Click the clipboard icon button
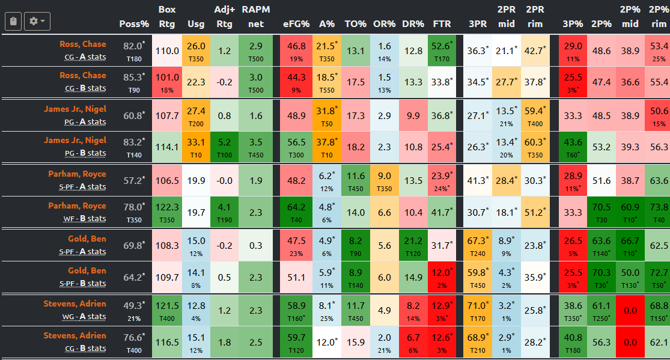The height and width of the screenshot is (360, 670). [x=13, y=21]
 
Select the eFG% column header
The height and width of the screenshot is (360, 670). [x=296, y=24]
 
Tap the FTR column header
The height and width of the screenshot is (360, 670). [x=442, y=24]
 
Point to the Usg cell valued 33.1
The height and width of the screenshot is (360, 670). [x=196, y=147]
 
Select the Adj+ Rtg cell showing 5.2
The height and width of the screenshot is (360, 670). [x=224, y=147]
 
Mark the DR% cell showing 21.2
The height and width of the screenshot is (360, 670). [x=413, y=245]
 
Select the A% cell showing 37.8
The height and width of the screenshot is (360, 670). [x=326, y=147]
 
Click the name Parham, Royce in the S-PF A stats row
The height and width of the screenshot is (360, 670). [x=77, y=174]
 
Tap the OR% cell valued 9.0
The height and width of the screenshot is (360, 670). [x=384, y=179]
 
